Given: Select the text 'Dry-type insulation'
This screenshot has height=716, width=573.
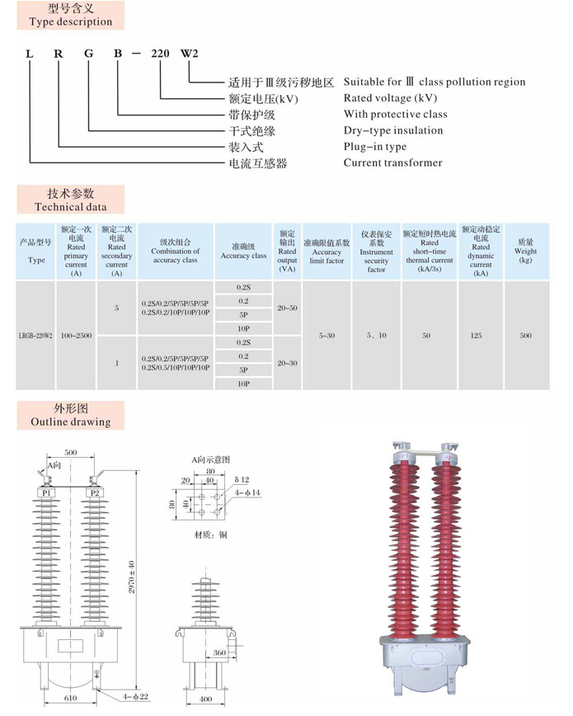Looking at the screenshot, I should click(x=392, y=130).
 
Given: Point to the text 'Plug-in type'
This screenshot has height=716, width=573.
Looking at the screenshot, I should click(x=375, y=147).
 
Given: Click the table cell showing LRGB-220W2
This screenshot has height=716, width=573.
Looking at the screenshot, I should click(x=36, y=336).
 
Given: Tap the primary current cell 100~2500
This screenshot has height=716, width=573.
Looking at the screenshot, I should click(x=77, y=336).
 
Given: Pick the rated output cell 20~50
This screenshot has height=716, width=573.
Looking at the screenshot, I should click(x=287, y=308).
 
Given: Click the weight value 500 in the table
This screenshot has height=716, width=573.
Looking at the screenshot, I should click(x=525, y=336).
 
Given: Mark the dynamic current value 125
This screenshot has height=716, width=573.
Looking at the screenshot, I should click(x=481, y=336).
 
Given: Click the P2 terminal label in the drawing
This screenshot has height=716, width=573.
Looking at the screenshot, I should click(x=95, y=492).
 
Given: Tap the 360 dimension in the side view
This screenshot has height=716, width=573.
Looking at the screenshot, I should click(x=220, y=652).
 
